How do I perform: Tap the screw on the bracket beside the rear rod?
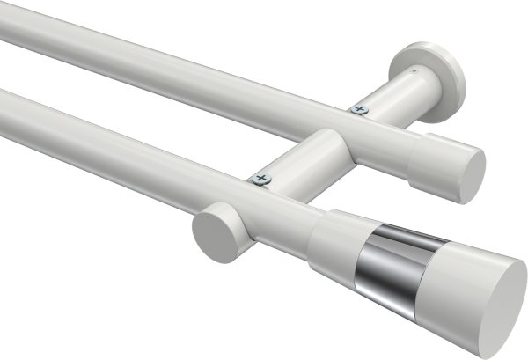[x=357, y=109]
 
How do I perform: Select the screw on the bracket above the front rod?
[x=260, y=179]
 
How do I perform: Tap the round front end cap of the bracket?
[x=215, y=235]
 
